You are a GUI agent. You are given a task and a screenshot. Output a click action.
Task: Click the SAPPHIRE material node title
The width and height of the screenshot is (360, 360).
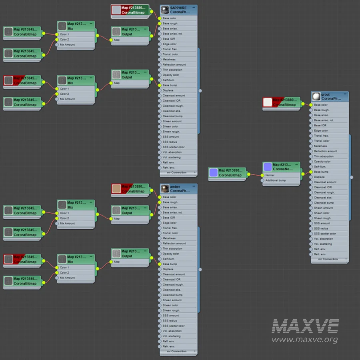tap(178, 8)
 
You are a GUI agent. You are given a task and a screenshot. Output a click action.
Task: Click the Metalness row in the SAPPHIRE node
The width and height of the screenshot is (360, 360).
tap(178, 60)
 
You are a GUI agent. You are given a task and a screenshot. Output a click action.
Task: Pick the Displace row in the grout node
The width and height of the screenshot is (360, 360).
tap(330, 177)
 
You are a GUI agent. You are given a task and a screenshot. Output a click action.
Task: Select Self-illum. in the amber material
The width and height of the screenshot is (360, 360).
tap(178, 259)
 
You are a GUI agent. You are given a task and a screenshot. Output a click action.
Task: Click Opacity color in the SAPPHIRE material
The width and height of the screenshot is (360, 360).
tap(178, 75)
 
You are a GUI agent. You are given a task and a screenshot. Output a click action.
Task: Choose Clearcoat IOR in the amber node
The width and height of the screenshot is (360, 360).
tap(178, 280)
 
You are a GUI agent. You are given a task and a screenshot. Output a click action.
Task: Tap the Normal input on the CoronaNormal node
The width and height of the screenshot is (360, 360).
tap(270, 175)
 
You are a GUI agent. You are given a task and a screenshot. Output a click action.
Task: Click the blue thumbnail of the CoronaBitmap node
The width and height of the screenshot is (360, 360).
tap(214, 173)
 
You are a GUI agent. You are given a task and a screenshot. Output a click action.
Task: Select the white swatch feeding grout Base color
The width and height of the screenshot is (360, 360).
tap(268, 102)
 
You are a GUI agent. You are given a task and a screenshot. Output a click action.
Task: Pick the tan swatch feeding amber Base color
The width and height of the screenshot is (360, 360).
tap(116, 189)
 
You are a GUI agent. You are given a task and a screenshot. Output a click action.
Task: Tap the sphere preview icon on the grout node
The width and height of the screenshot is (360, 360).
tap(316, 97)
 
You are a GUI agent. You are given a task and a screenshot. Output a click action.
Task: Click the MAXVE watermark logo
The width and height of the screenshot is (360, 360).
tap(306, 326)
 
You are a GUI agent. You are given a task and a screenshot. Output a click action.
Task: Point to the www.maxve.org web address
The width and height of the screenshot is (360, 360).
tap(305, 340)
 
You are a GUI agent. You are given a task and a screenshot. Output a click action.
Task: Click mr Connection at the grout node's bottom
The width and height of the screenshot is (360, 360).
tap(330, 259)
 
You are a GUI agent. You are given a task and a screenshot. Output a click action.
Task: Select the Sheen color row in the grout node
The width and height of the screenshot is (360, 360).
tap(330, 213)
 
